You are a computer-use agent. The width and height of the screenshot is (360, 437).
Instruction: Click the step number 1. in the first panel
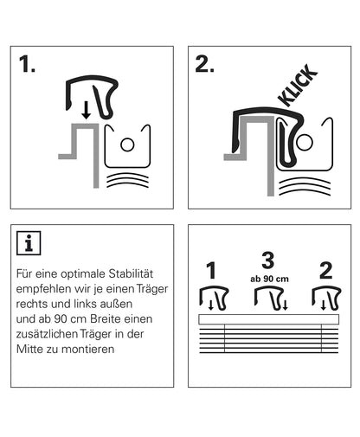pyautogui.click(x=27, y=64)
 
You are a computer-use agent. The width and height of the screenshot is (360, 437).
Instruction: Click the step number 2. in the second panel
pyautogui.click(x=204, y=64)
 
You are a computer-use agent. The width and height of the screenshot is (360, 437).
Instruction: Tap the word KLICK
pyautogui.click(x=298, y=86)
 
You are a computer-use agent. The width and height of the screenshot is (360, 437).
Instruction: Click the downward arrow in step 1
pyautogui.click(x=86, y=111)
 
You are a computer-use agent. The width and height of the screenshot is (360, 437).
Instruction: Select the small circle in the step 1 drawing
pyautogui.click(x=127, y=145)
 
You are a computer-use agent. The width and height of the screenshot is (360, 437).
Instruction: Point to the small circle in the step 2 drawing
pyautogui.click(x=305, y=143)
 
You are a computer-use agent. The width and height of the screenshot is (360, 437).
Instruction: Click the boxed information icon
pyautogui.click(x=29, y=243)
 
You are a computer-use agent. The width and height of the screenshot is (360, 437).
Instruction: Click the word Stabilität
pyautogui.click(x=131, y=273)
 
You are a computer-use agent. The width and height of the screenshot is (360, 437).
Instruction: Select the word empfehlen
pyautogui.click(x=43, y=289)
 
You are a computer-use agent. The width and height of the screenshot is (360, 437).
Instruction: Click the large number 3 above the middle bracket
pyautogui.click(x=268, y=260)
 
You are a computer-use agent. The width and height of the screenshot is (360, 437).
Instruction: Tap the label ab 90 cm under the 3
pyautogui.click(x=269, y=279)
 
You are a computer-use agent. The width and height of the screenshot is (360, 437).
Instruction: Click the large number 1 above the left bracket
pyautogui.click(x=211, y=271)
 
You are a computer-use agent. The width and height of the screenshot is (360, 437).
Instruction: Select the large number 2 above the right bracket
pyautogui.click(x=326, y=271)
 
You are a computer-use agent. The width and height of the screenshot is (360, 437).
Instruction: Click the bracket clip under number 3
pyautogui.click(x=269, y=299)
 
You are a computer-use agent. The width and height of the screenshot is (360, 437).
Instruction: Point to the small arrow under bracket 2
pyautogui.click(x=324, y=305)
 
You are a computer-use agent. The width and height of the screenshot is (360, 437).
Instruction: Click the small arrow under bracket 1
pyautogui.click(x=211, y=305)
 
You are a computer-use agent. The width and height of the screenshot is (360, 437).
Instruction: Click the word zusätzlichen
pyautogui.click(x=47, y=334)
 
